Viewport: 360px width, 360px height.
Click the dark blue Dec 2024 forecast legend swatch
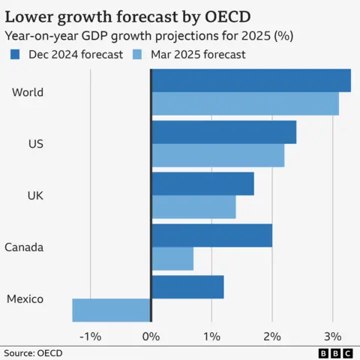[x=14, y=54]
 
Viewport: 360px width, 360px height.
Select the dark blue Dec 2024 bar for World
[x=251, y=80]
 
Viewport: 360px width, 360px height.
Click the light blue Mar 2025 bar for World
[x=245, y=103]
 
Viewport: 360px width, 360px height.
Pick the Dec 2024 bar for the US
[x=223, y=132]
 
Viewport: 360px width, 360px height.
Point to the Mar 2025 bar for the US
[x=217, y=155]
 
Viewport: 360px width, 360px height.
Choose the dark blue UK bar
[x=202, y=184]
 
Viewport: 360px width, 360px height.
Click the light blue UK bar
[x=193, y=207]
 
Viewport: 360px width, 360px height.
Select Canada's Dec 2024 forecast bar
[x=211, y=235]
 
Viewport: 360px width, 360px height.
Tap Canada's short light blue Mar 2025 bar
[x=172, y=259]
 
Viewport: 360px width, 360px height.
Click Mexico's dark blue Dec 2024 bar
[x=187, y=287]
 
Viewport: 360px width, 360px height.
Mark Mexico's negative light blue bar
[x=112, y=310]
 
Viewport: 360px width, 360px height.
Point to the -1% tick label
[x=91, y=335]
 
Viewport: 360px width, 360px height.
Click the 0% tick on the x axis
[x=151, y=335]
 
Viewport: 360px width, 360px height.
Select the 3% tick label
[x=332, y=335]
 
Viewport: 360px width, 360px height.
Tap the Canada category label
[x=24, y=247]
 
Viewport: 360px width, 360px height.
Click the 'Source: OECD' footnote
[x=33, y=352]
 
